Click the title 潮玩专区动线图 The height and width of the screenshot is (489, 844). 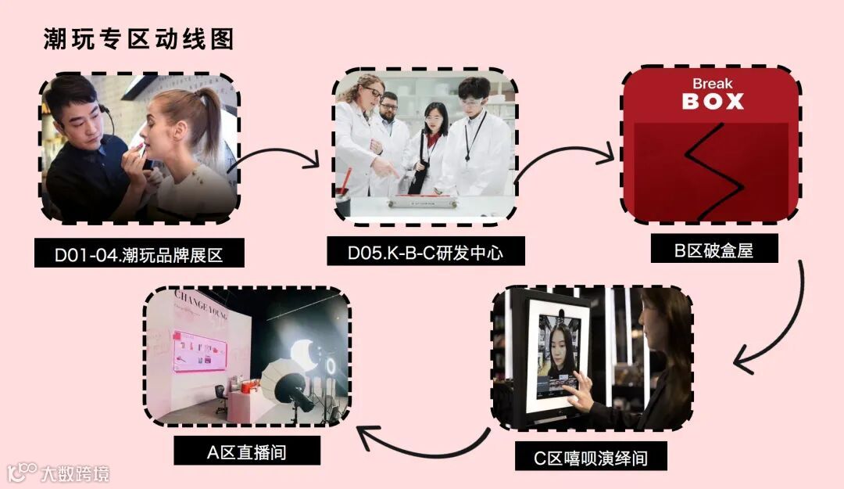coord(138,39)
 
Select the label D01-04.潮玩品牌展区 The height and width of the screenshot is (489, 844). coord(139,254)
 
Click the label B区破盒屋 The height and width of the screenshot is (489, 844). coord(714,250)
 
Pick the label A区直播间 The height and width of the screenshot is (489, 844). coord(246,451)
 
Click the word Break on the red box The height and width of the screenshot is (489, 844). coord(712,84)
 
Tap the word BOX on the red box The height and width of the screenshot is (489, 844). coord(712,102)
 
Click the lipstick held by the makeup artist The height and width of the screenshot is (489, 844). coord(141,149)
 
